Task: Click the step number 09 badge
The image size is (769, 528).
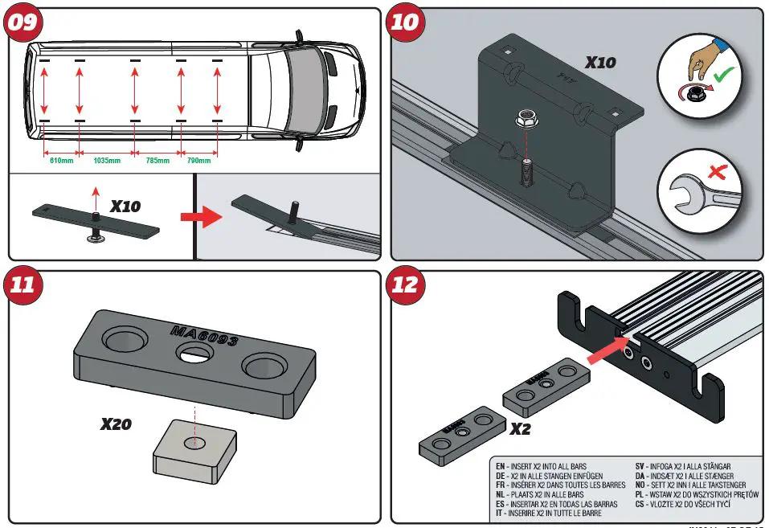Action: pos(22,23)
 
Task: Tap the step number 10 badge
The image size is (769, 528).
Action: pos(405,23)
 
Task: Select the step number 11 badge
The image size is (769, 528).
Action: pos(22,285)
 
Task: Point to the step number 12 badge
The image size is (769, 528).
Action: pos(405,285)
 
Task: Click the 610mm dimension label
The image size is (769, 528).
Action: pos(62,161)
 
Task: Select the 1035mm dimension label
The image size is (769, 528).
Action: pos(107,161)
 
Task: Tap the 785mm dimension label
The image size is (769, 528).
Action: pos(157,161)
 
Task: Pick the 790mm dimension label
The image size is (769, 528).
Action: pos(198,161)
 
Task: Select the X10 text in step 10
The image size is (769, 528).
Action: pos(600,61)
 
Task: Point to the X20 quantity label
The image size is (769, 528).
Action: pos(117,424)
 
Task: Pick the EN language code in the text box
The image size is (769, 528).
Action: pos(501,466)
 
